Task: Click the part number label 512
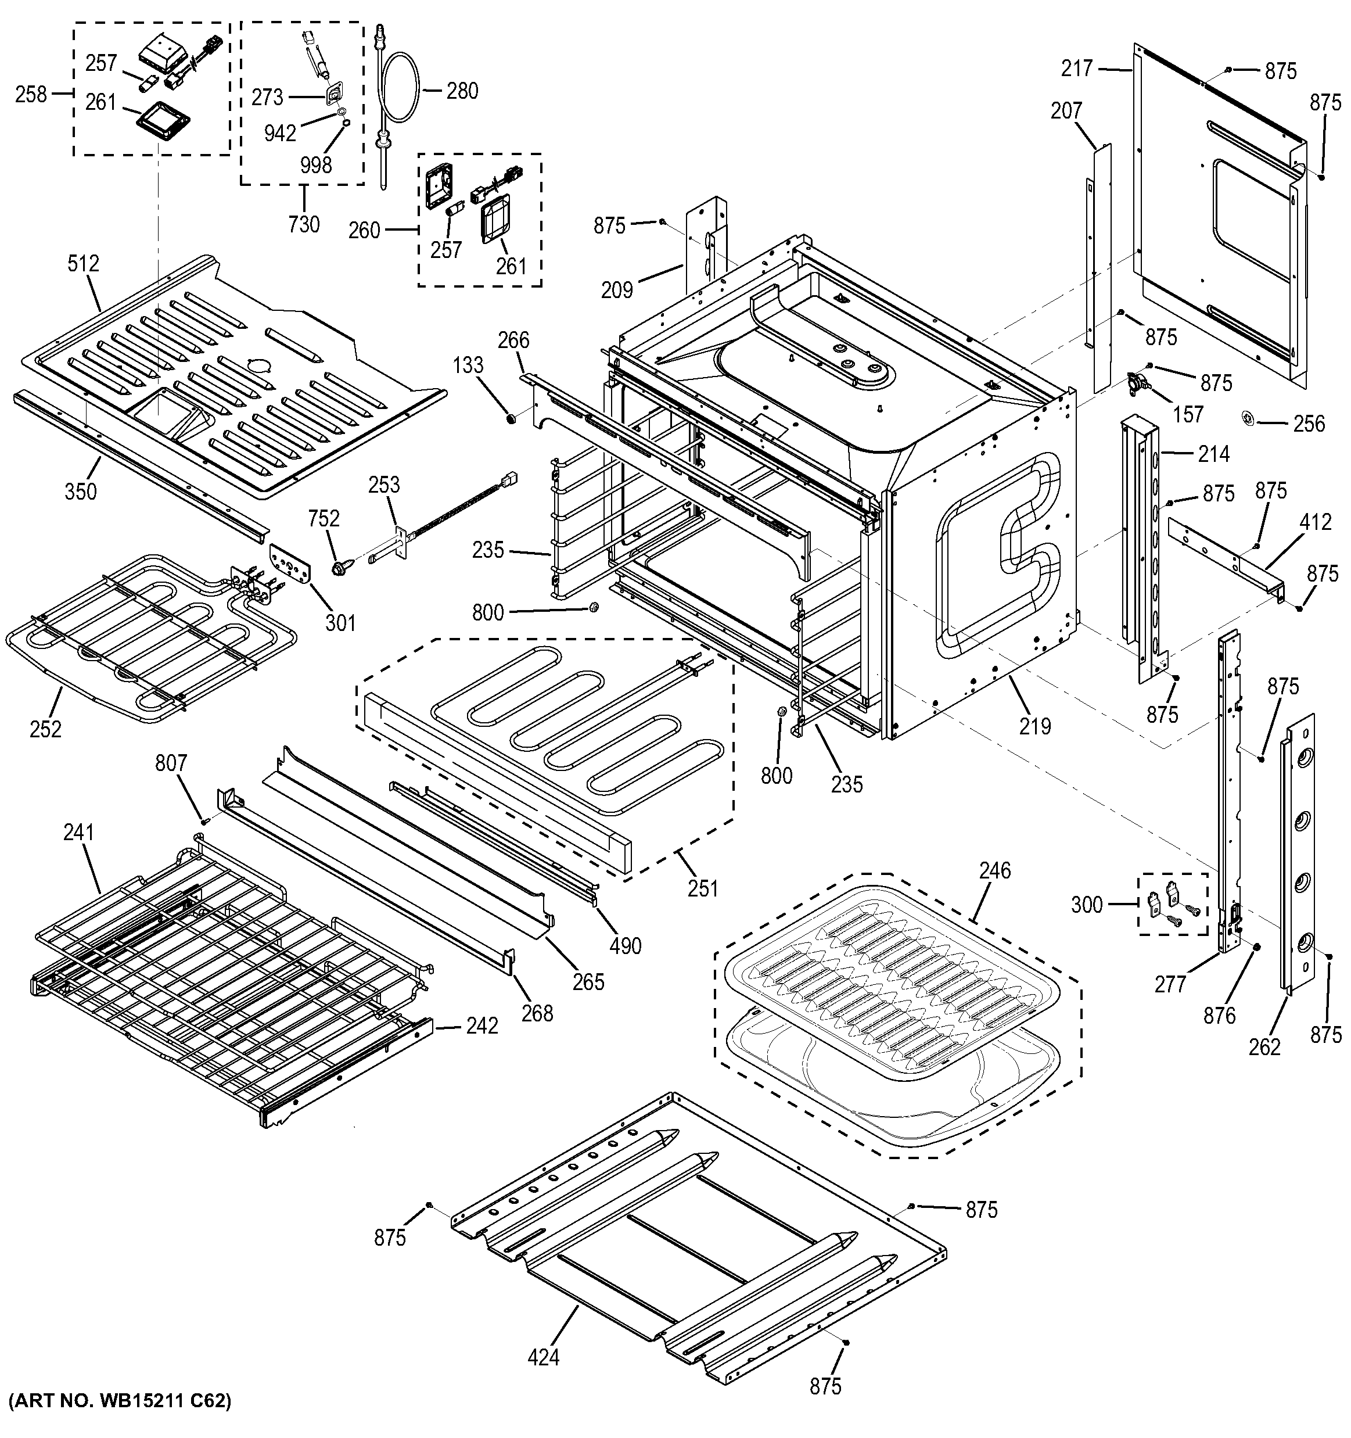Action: click(x=83, y=264)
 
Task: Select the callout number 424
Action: click(x=542, y=1357)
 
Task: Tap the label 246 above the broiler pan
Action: click(x=994, y=870)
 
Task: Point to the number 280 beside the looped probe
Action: click(x=462, y=91)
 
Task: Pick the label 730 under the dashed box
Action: click(x=303, y=224)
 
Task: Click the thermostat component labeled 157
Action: click(x=1137, y=383)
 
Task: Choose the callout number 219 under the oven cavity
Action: click(x=1035, y=726)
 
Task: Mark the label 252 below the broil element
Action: click(x=45, y=729)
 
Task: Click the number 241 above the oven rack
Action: click(x=79, y=833)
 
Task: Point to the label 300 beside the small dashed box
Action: click(x=1086, y=904)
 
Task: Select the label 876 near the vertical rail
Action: click(x=1219, y=1016)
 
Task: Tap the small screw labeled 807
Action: click(x=204, y=820)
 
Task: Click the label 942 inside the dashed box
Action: click(x=280, y=133)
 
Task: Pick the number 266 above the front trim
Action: click(x=513, y=340)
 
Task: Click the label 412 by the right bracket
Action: click(x=1315, y=522)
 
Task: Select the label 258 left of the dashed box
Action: click(x=31, y=94)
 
